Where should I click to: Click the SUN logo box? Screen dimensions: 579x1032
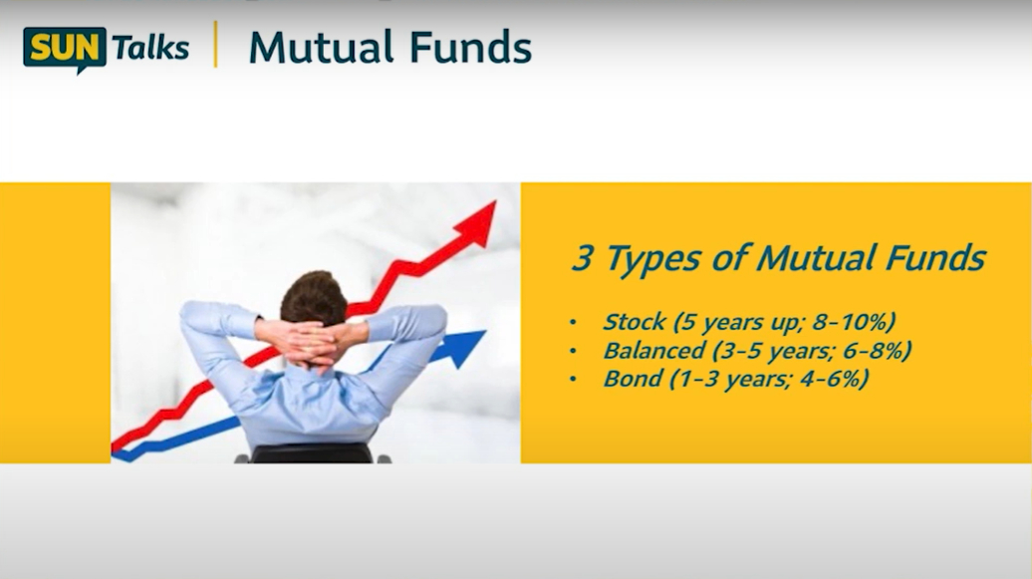click(64, 48)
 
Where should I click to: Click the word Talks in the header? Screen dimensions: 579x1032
click(150, 48)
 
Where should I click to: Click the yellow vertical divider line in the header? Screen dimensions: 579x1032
click(215, 46)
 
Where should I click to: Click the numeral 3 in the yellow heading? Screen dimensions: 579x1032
click(582, 259)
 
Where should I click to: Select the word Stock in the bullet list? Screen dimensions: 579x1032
click(634, 322)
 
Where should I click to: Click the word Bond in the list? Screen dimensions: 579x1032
click(632, 379)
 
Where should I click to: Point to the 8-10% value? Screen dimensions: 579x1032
click(855, 322)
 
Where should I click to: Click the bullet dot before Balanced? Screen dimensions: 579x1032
click(572, 352)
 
